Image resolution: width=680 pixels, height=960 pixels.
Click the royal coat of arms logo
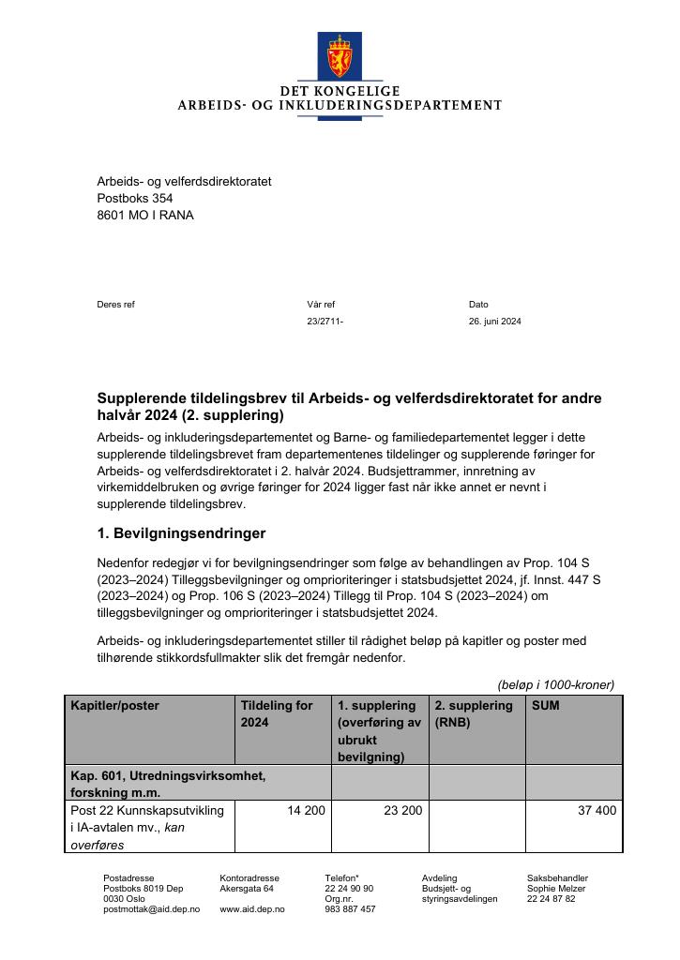click(339, 56)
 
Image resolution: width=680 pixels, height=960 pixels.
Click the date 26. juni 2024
click(494, 322)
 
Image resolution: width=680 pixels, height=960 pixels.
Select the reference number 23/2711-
click(325, 322)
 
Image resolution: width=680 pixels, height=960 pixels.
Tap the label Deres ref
click(115, 305)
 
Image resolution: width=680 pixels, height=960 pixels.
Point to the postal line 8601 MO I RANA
click(145, 216)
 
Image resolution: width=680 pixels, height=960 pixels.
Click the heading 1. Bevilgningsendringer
click(181, 533)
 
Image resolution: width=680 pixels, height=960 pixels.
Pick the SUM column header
click(545, 705)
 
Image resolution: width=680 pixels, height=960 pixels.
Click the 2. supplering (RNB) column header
click(473, 713)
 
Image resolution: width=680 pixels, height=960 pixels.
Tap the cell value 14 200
click(306, 810)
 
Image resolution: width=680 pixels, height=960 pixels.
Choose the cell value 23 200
click(402, 810)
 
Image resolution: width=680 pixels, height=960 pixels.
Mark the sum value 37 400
click(597, 810)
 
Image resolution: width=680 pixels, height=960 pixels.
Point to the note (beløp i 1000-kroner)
click(555, 684)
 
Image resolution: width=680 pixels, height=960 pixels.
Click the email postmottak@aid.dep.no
click(151, 909)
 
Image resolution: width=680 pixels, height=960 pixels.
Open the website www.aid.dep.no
click(251, 909)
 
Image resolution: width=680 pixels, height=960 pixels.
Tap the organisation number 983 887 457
click(350, 909)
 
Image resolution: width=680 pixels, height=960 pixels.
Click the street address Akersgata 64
click(246, 889)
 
